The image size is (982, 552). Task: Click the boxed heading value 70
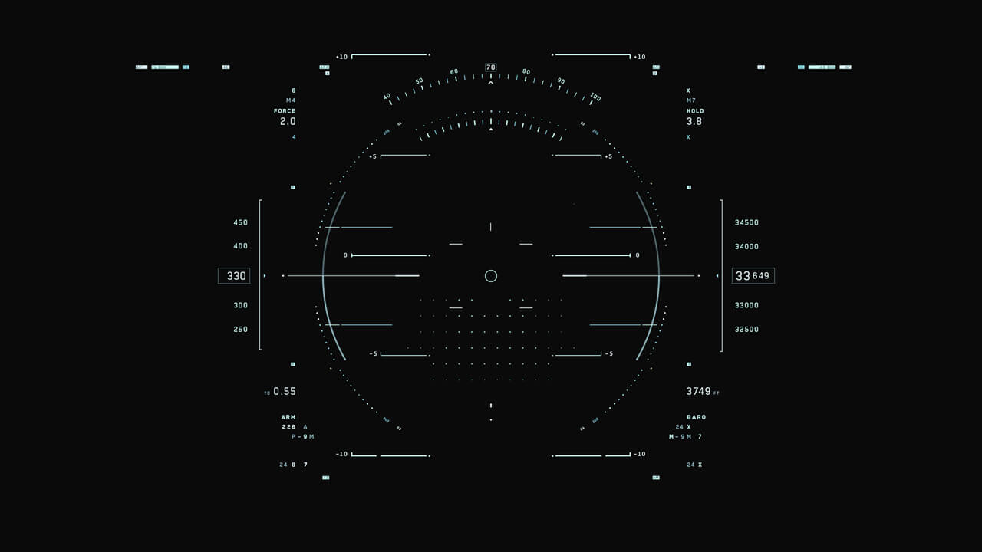click(x=490, y=67)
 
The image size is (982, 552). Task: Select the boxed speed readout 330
click(x=234, y=276)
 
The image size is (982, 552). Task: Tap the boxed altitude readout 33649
click(x=753, y=276)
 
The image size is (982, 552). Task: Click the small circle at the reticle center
click(x=491, y=276)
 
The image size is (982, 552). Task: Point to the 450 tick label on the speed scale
click(x=241, y=222)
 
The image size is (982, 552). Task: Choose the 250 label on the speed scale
click(x=241, y=330)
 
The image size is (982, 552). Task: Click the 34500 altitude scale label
click(x=746, y=222)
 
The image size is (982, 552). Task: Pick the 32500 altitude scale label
click(x=746, y=330)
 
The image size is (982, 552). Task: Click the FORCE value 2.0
click(x=288, y=122)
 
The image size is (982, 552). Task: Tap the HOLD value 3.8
click(x=694, y=122)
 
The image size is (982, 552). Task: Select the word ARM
click(x=288, y=417)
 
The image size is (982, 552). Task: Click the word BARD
click(x=697, y=417)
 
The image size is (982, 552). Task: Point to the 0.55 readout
click(x=285, y=391)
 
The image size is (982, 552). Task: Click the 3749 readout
click(x=698, y=391)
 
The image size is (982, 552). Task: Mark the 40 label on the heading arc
click(x=387, y=97)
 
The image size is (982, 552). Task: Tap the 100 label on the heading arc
click(x=595, y=97)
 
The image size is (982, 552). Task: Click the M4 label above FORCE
click(x=291, y=100)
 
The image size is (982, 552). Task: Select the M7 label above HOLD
click(x=691, y=100)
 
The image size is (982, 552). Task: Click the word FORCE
click(x=285, y=111)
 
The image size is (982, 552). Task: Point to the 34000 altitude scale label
click(x=746, y=246)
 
